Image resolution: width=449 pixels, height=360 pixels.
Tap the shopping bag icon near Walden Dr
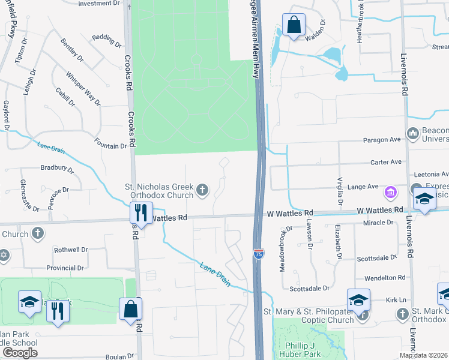[294, 26]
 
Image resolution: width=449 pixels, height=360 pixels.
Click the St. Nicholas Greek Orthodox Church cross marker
[202, 191]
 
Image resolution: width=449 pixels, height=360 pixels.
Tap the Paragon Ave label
[382, 140]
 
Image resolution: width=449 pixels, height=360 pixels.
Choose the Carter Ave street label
[385, 162]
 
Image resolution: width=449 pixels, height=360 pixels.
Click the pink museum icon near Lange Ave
[391, 193]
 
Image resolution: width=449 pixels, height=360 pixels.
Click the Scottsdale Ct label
[377, 257]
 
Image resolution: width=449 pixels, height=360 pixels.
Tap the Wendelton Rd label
[385, 277]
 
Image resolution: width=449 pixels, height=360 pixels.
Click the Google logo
[20, 353]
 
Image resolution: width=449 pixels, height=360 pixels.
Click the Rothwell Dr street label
[71, 250]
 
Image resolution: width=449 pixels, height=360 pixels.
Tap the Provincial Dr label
[69, 268]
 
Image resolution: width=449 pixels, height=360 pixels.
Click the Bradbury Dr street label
[56, 169]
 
